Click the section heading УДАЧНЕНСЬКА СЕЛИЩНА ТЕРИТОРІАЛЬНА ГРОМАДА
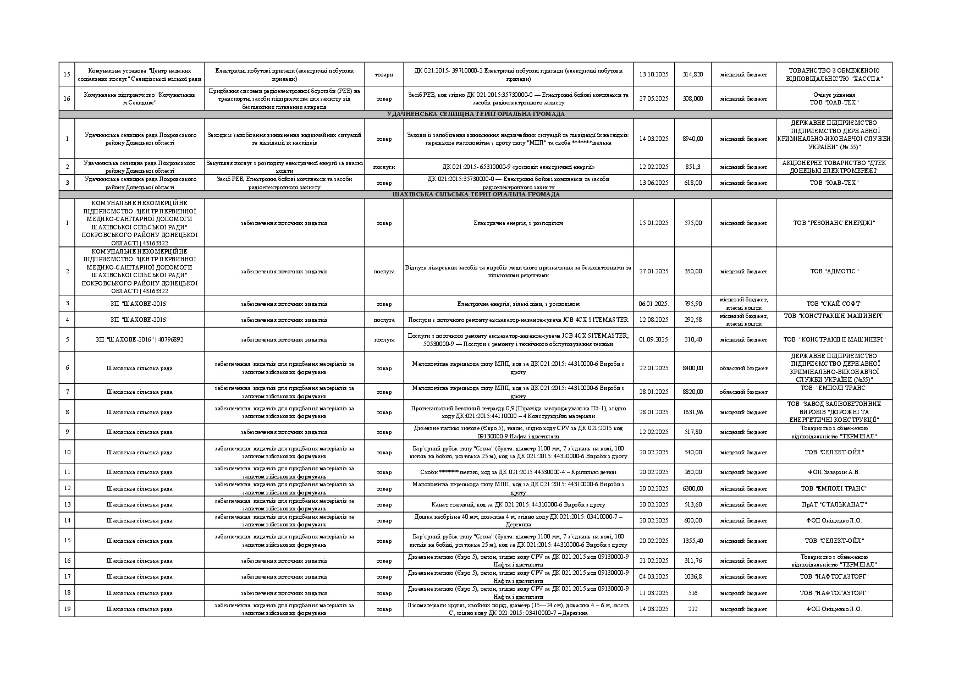pos(475,114)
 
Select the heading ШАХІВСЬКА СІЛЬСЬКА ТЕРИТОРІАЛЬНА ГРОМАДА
pos(475,195)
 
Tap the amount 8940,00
pos(692,139)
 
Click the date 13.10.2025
pos(653,74)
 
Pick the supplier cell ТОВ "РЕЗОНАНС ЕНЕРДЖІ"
pos(834,223)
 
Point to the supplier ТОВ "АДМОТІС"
pos(834,271)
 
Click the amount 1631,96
pos(692,412)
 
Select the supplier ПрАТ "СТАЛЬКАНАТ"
pos(834,504)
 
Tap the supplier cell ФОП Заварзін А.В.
pos(834,472)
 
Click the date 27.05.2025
pos(653,98)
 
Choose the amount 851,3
pos(692,167)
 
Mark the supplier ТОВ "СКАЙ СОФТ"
pos(834,304)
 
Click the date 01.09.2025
pos(653,339)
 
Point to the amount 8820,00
pos(692,392)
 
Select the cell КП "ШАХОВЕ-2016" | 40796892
pos(140,339)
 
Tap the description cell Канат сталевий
pos(518,504)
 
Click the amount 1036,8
pos(692,576)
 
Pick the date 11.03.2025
pos(653,593)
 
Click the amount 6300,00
pos(692,488)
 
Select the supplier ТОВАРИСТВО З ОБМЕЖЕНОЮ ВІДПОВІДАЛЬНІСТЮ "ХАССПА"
pos(834,74)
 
